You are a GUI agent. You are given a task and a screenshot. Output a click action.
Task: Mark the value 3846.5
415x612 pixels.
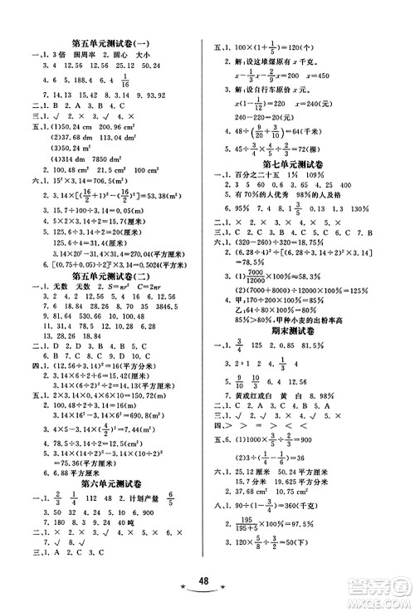click(x=170, y=329)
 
